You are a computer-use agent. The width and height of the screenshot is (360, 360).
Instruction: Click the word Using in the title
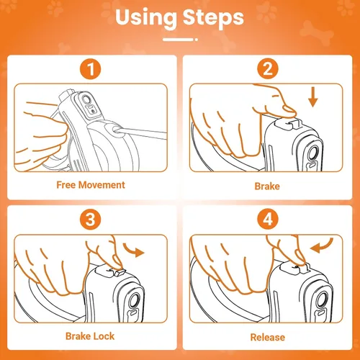click(x=146, y=18)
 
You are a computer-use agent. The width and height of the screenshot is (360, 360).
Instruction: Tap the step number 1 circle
click(x=90, y=69)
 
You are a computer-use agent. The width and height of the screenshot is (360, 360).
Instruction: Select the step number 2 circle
click(x=268, y=69)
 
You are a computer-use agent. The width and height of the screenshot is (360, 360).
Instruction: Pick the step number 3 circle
click(x=90, y=220)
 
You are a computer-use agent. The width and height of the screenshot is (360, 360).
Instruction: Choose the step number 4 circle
click(x=268, y=220)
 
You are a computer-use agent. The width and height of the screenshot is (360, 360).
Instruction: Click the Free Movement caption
click(x=91, y=185)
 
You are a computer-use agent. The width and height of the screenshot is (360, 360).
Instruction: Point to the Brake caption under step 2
click(x=267, y=186)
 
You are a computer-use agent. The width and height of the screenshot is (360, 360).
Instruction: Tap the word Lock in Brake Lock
click(x=104, y=336)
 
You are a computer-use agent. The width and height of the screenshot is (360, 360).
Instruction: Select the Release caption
click(x=268, y=337)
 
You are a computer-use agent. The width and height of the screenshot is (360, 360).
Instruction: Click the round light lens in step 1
click(x=86, y=99)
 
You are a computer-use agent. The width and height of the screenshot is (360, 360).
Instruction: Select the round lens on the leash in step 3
click(x=134, y=300)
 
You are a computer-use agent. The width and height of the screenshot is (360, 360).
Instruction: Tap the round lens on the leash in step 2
click(x=312, y=153)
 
